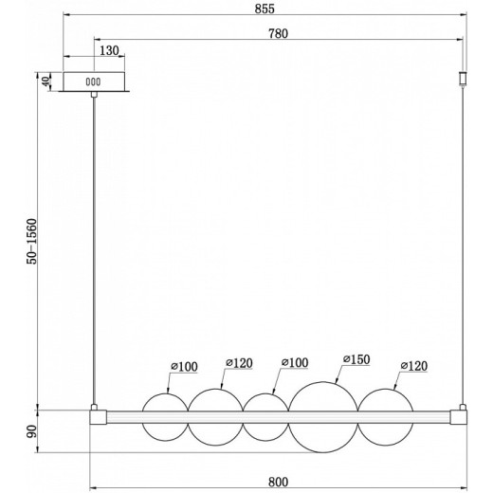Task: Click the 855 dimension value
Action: [265, 9]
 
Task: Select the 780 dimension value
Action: [278, 33]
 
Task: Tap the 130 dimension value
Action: [109, 50]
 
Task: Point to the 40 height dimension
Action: [46, 82]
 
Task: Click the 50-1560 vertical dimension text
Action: [32, 242]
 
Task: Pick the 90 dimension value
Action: [32, 431]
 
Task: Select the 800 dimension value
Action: [278, 482]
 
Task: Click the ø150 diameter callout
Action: [356, 359]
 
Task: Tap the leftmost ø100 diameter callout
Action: [184, 367]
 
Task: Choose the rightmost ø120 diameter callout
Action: [414, 366]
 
